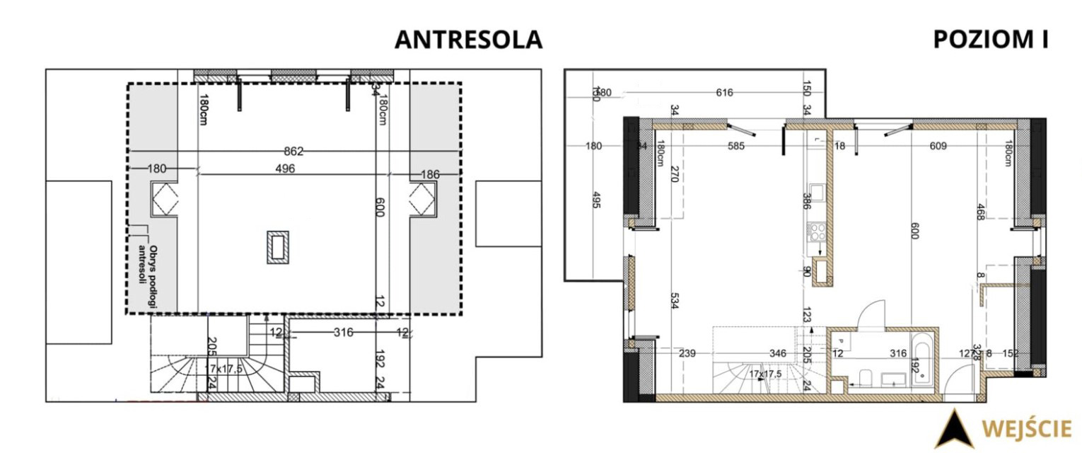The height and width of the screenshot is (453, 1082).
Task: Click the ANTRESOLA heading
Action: (468, 40)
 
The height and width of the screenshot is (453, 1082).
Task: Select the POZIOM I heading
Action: (990, 40)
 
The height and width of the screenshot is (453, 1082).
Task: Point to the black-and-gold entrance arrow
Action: (954, 429)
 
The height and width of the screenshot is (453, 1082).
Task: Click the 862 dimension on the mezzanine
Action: (293, 151)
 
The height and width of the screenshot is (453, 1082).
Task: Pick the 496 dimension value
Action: (285, 168)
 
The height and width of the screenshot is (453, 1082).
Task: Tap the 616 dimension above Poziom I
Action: (725, 93)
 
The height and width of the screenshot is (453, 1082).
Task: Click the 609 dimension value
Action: (938, 147)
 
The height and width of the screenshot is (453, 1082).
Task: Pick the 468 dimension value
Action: (980, 213)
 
